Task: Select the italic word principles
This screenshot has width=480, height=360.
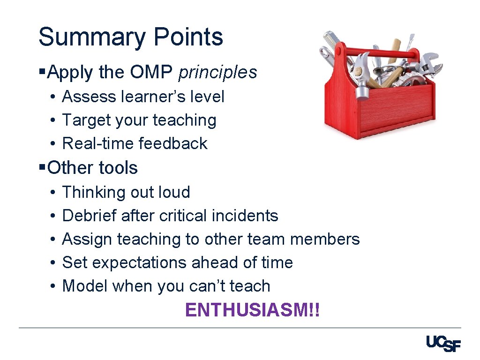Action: pos(218,72)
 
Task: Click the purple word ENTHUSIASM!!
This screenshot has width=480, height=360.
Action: pos(253,310)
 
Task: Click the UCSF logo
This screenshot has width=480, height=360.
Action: pos(443,344)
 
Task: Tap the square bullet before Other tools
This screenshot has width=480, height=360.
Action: pos(42,167)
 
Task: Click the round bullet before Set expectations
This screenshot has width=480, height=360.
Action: pos(53,262)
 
